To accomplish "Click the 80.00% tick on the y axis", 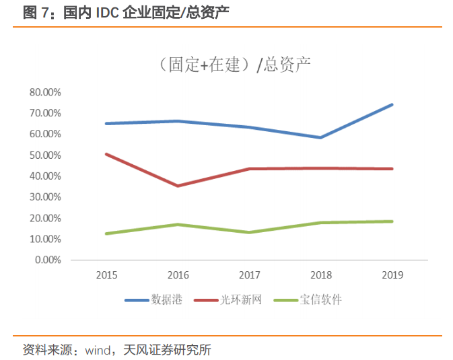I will pos(45,92).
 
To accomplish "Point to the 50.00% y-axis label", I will pos(45,155).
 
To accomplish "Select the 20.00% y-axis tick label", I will pos(45,218).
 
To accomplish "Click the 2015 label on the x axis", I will pos(106,275).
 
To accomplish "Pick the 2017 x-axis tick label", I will pos(249,275).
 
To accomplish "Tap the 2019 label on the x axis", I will pos(392,275).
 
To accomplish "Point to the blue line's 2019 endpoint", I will pos(392,105).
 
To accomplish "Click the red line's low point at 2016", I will pos(178,186).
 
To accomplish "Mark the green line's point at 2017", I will pos(249,232).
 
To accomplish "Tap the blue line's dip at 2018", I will pos(320,137).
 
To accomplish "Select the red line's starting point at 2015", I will pos(106,154).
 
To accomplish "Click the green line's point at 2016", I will pos(178,224).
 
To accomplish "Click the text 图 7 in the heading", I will pos(34,12).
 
